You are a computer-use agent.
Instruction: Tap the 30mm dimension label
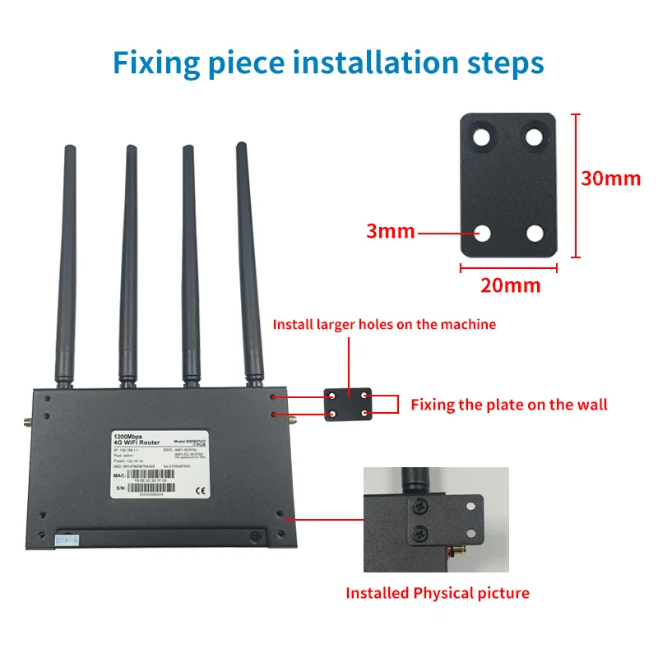pyautogui.click(x=610, y=178)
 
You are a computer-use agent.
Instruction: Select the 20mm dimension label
pyautogui.click(x=510, y=285)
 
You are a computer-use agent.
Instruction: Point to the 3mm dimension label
pyautogui.click(x=391, y=232)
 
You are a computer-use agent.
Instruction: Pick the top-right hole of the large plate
pyautogui.click(x=535, y=135)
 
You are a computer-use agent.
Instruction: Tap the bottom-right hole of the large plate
pyautogui.click(x=535, y=234)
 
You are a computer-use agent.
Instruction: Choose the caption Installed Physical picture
pyautogui.click(x=437, y=593)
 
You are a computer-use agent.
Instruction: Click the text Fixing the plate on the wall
pyautogui.click(x=508, y=404)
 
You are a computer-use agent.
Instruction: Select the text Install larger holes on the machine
pyautogui.click(x=384, y=324)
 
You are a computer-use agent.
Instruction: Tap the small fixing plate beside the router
pyautogui.click(x=349, y=405)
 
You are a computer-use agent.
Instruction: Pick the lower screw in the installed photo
pyautogui.click(x=421, y=532)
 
